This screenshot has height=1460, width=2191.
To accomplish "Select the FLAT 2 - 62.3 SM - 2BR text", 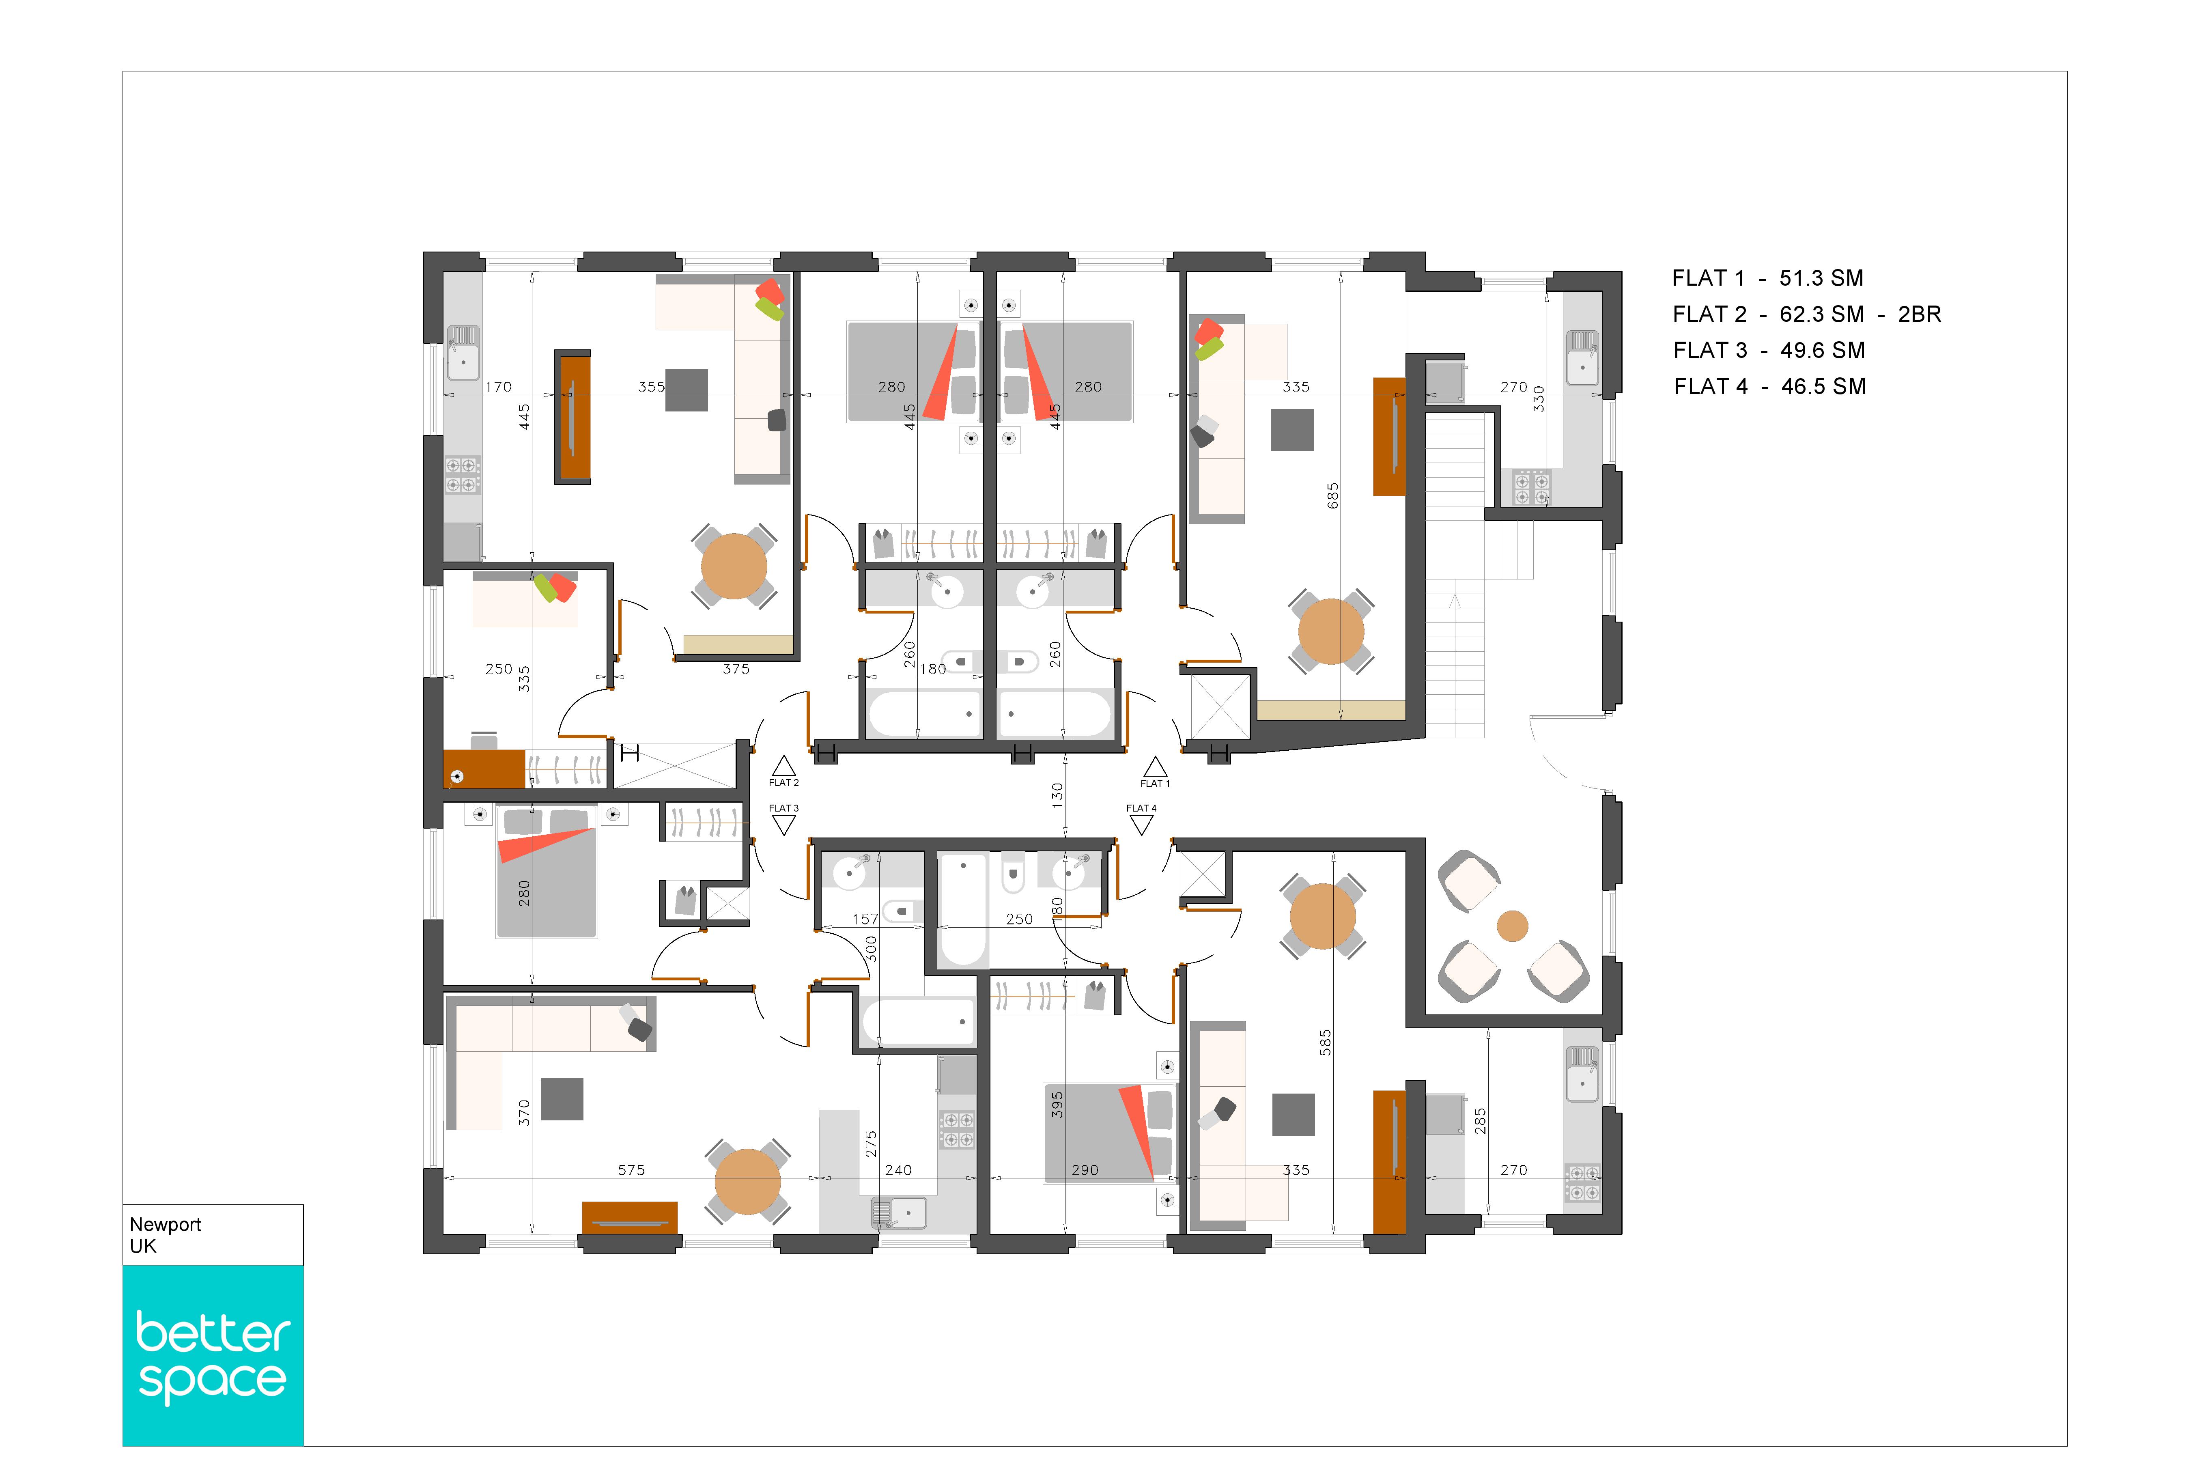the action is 1807,315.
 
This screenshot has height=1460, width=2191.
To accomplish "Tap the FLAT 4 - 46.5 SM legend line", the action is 1769,386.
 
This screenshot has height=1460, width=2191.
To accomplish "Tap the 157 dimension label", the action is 865,919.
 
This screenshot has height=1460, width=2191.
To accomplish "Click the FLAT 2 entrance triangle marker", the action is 784,766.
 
